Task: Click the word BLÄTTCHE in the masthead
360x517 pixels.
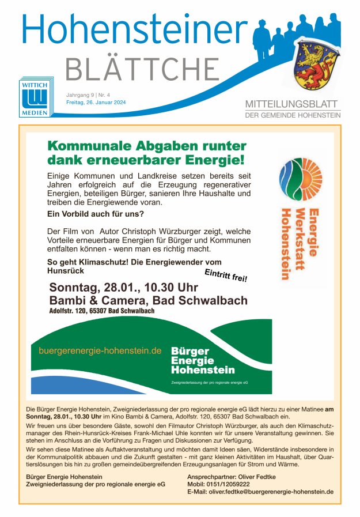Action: click(142, 70)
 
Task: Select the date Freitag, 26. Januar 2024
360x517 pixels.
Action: click(96, 103)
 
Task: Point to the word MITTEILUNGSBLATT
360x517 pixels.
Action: click(293, 104)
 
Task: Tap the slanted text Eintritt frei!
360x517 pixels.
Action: click(226, 275)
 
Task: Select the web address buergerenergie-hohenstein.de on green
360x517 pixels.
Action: click(100, 350)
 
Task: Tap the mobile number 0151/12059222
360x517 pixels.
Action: click(238, 484)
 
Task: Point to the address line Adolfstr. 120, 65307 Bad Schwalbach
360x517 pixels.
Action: click(102, 311)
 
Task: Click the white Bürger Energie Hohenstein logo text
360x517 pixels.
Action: click(203, 360)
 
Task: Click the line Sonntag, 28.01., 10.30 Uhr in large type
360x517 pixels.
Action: click(124, 287)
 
